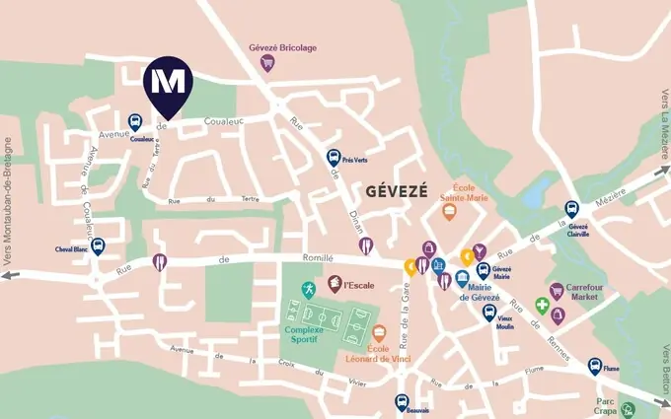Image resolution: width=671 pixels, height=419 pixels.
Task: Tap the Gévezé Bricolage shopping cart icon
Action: click(x=266, y=63)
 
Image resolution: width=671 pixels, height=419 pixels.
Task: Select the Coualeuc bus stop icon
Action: click(x=135, y=122)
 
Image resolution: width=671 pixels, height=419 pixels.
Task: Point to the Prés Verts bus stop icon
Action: click(x=334, y=157)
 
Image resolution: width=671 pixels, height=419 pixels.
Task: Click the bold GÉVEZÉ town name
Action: click(x=397, y=191)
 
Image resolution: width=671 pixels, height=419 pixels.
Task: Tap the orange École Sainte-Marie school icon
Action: click(x=449, y=211)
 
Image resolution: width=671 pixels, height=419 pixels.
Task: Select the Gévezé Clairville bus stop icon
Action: click(x=571, y=209)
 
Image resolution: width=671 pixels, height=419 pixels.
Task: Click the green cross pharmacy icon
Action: click(x=542, y=305)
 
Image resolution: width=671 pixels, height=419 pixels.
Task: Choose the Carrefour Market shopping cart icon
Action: click(x=557, y=291)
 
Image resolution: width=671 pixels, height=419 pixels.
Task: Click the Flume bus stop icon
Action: click(x=595, y=366)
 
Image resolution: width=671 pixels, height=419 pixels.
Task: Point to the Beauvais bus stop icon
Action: click(x=402, y=402)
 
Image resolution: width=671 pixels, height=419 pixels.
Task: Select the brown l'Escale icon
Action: click(x=335, y=284)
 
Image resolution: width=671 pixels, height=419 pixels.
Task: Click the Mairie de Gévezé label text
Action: click(x=479, y=293)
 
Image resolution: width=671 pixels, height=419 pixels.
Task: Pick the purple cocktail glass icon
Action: click(x=480, y=250)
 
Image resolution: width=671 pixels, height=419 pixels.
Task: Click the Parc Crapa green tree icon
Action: click(x=628, y=409)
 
